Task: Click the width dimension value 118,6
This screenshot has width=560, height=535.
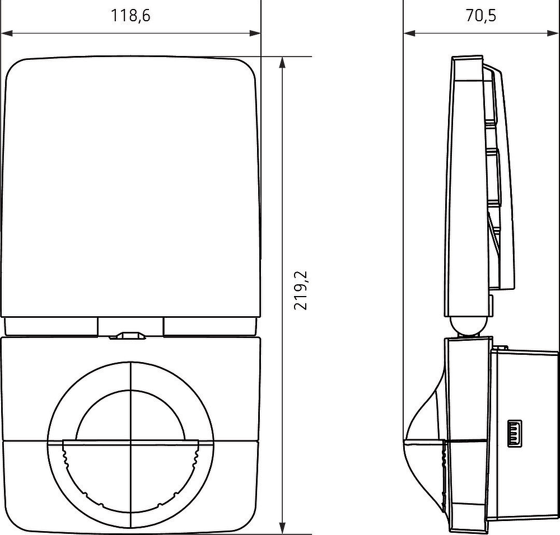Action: tap(130, 16)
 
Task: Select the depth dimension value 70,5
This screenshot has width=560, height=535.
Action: tap(480, 16)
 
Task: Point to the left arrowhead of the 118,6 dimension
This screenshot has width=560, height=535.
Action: tap(7, 34)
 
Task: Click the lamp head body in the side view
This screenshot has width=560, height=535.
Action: tap(468, 185)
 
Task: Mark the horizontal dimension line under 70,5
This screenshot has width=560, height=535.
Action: tap(480, 34)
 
